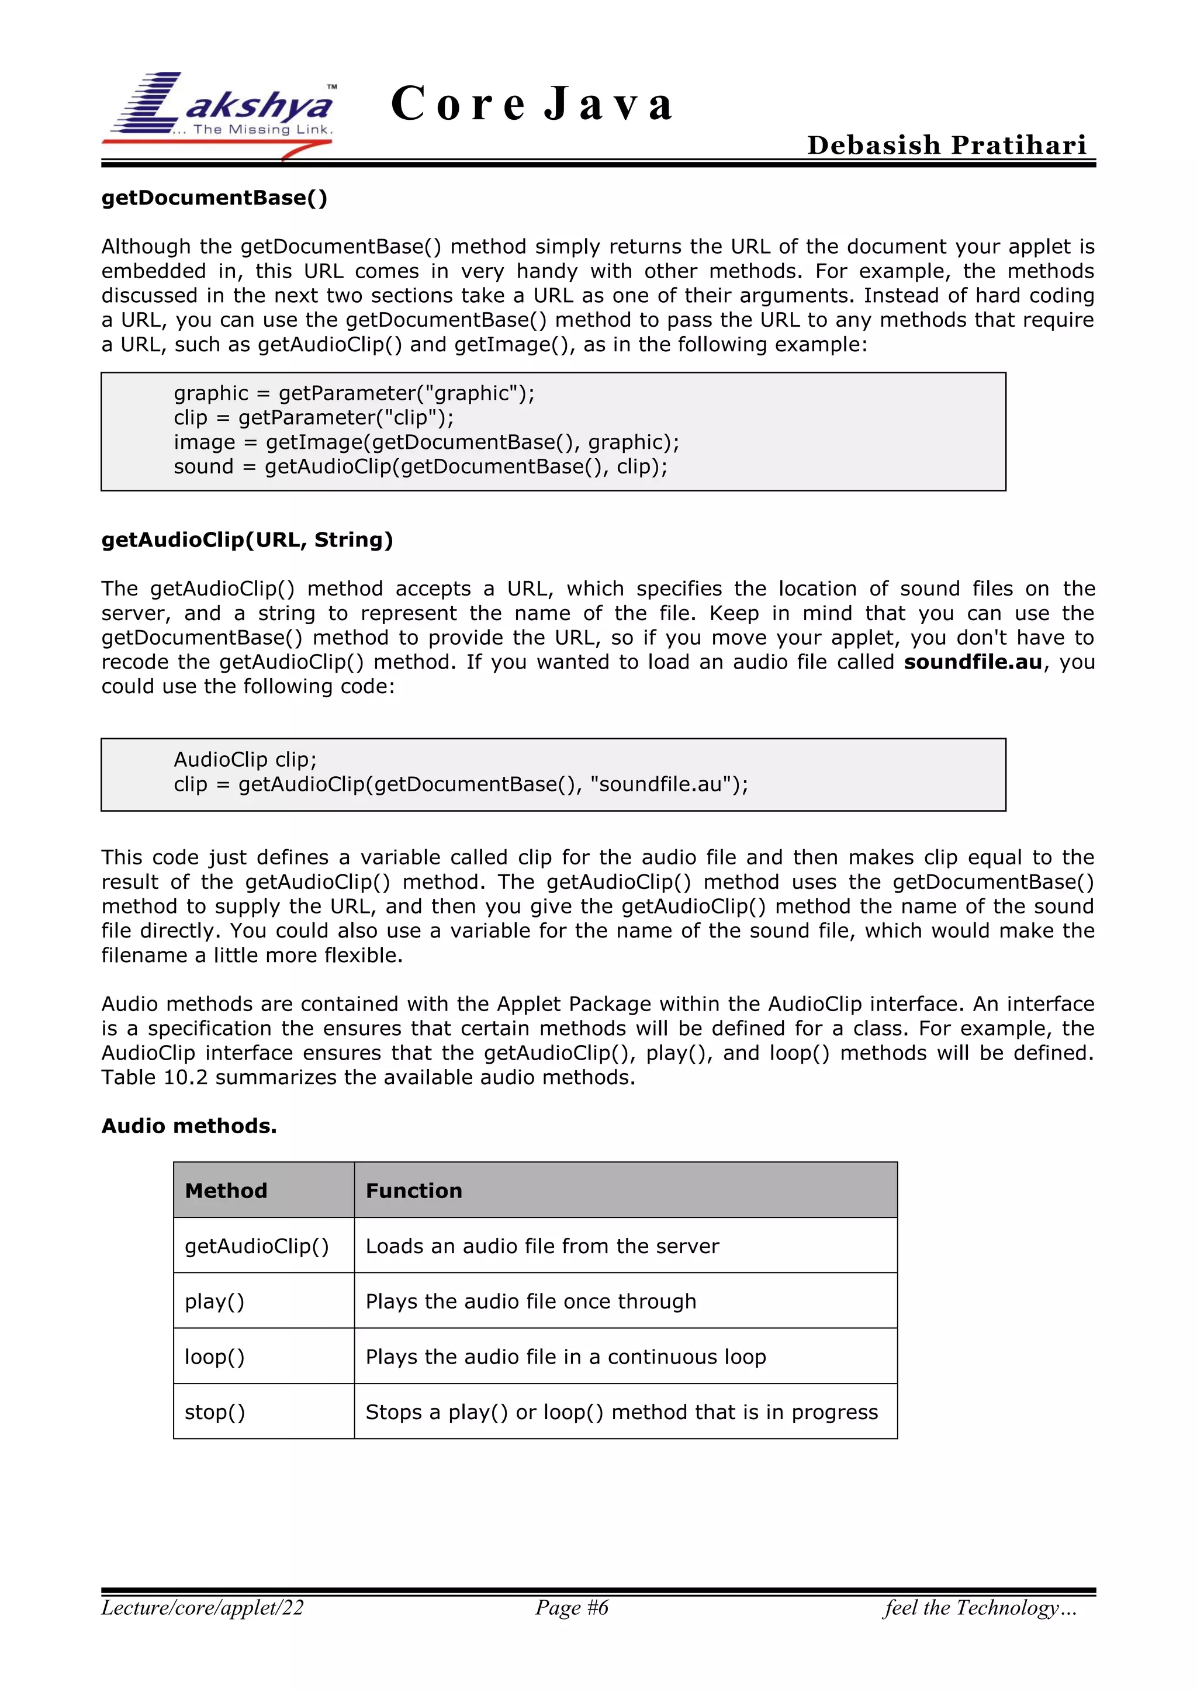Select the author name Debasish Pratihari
946,145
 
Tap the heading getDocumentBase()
215,198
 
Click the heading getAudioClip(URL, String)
247,539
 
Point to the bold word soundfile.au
973,662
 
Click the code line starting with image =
426,442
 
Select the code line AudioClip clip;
245,759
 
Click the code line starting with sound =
420,466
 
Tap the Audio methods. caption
189,1126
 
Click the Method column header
226,1191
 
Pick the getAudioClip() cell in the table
257,1246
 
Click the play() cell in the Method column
215,1302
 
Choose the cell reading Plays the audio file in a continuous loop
565,1357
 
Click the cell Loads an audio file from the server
542,1246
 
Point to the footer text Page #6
572,1607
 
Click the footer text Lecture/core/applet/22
203,1607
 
